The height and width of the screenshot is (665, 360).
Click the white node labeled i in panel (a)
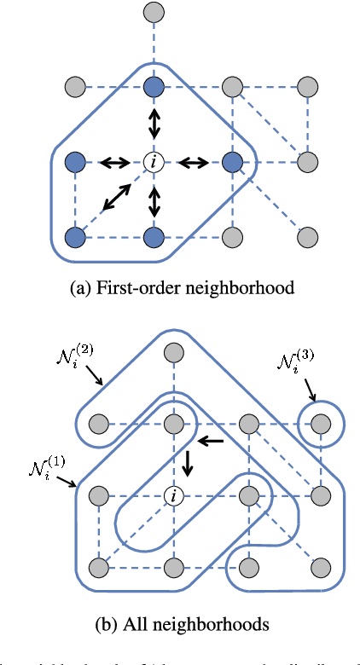[x=154, y=161]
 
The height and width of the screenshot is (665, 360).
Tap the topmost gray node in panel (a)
[x=154, y=13]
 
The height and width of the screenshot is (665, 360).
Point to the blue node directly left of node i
[x=77, y=161]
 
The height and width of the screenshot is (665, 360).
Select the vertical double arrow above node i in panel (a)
[x=154, y=124]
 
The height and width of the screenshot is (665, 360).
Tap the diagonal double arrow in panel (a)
[x=114, y=199]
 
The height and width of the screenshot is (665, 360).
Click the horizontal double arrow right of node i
[x=192, y=161]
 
